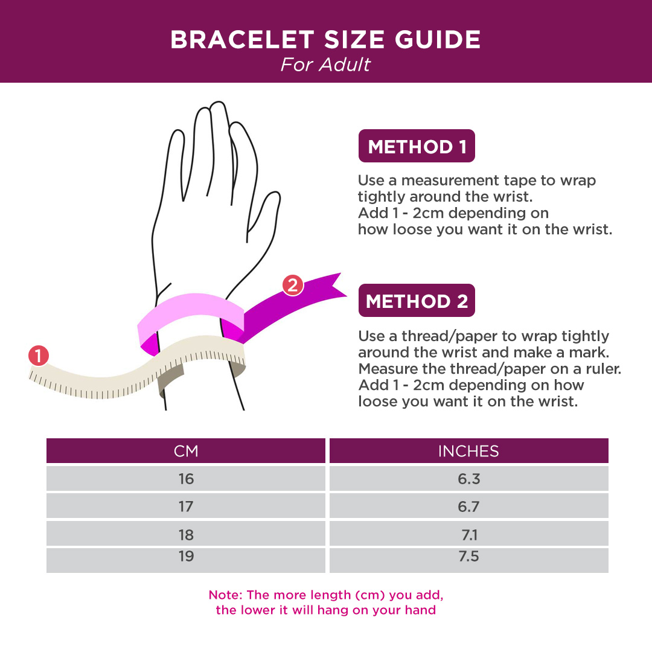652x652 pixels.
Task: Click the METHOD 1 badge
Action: coord(417,146)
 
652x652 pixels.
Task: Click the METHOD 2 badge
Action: coord(417,301)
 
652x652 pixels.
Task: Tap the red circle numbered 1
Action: coord(39,356)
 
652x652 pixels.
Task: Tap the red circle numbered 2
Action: coord(293,285)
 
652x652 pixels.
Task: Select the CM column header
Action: coord(186,451)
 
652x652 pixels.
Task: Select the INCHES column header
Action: coord(469,451)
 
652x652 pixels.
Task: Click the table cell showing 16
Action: coord(186,479)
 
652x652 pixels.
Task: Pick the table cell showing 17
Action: coord(186,506)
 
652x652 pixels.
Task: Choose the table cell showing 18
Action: coord(186,534)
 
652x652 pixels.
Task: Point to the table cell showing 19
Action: coord(186,560)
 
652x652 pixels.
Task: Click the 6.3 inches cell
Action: coord(469,479)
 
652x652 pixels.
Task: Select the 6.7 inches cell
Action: coord(469,506)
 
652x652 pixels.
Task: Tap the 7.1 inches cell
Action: coord(469,534)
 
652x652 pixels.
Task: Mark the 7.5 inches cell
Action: coord(469,560)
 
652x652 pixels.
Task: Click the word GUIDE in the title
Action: coord(438,40)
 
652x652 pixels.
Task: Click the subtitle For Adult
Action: coord(325,65)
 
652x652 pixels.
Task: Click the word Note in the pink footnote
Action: coord(224,595)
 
